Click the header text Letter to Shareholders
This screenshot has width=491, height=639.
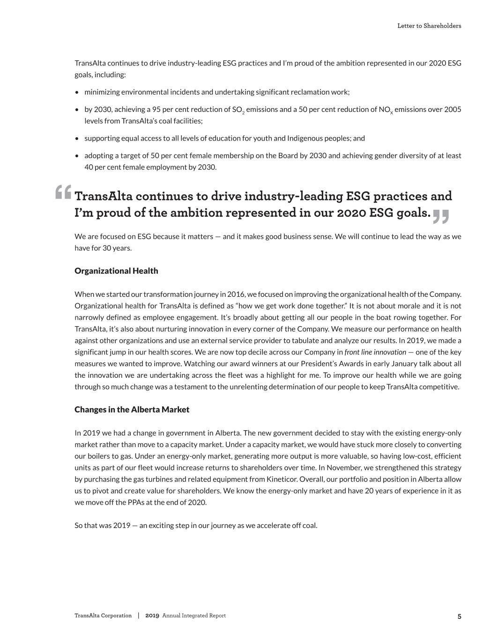429,26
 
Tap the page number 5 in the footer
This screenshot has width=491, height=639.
459,616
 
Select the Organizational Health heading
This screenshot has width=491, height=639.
116,271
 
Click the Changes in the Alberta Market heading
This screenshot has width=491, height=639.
132,410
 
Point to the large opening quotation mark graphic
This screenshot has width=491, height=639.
63,192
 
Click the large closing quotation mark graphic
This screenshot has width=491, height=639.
441,216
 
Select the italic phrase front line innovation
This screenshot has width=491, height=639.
375,352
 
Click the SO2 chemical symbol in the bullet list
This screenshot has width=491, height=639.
238,110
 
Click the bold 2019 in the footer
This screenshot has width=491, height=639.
152,616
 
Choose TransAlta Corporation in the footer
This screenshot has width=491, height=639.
103,616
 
